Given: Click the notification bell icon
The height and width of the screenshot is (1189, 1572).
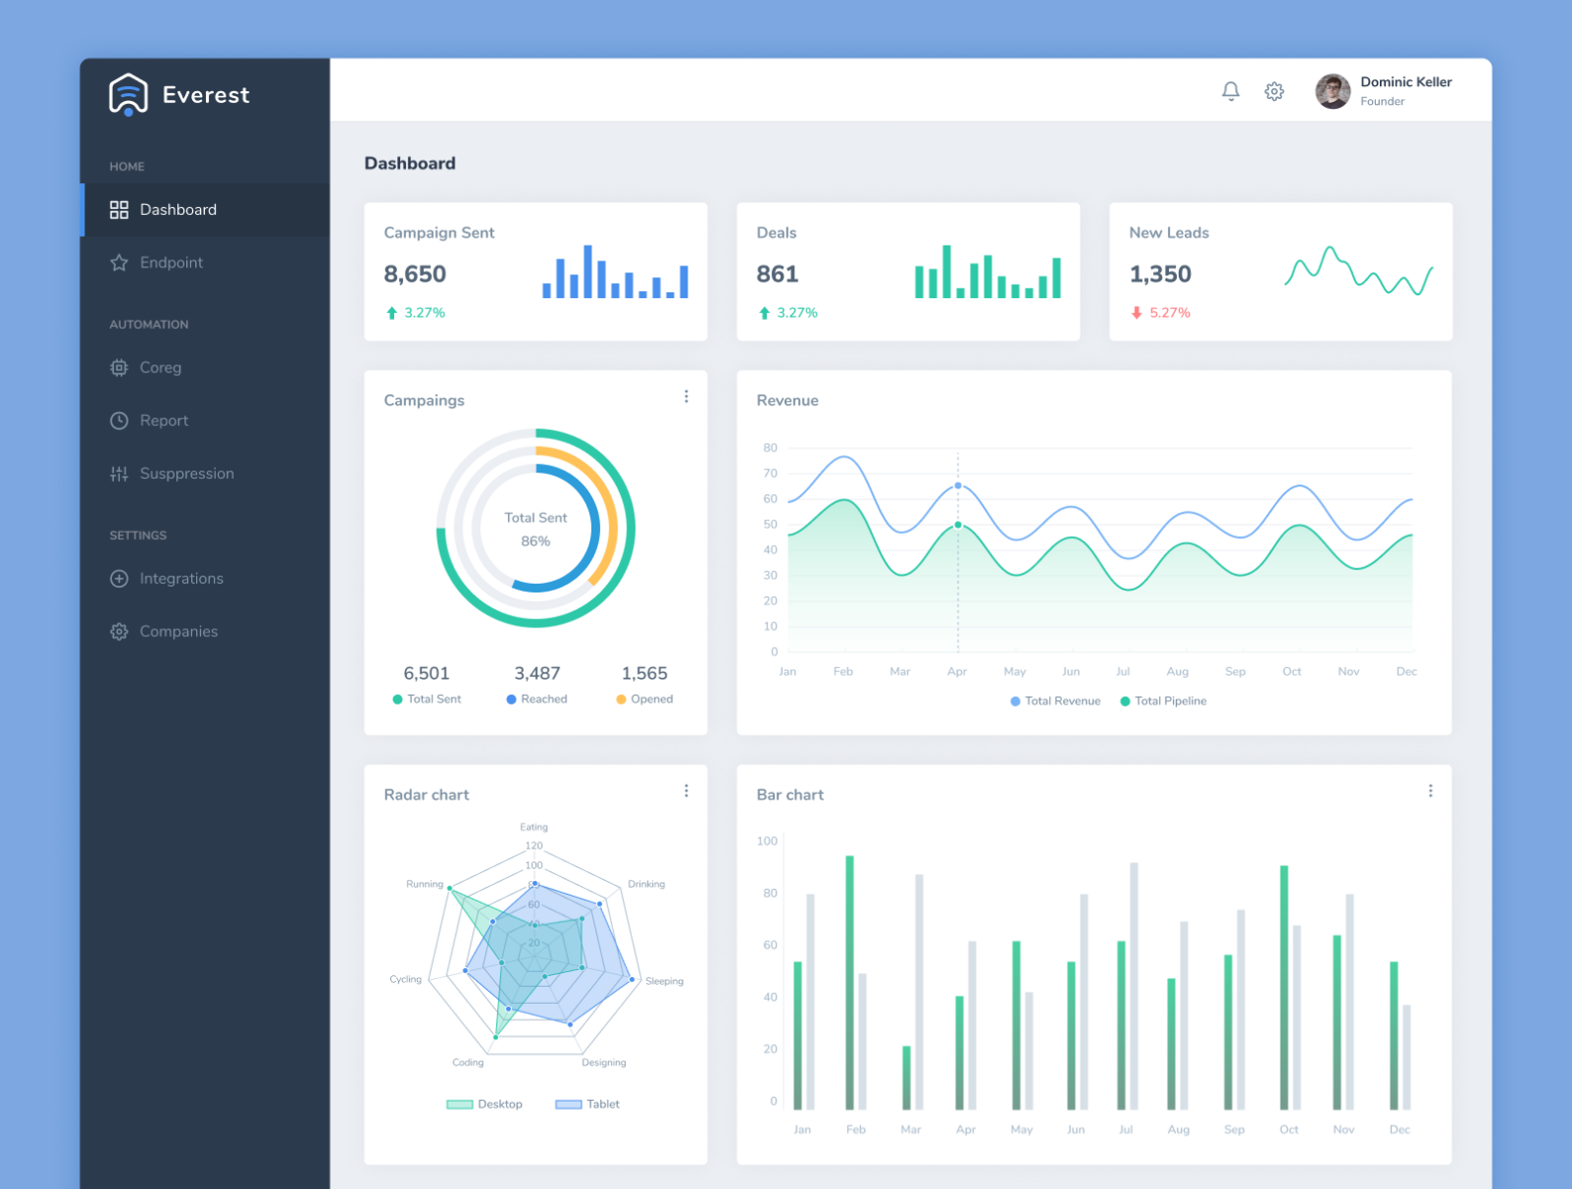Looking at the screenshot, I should tap(1230, 91).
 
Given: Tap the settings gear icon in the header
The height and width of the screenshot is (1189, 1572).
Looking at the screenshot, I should tap(1274, 91).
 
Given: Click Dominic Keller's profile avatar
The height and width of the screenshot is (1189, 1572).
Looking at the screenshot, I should tap(1332, 91).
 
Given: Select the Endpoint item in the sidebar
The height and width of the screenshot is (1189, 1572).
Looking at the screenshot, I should tap(170, 263).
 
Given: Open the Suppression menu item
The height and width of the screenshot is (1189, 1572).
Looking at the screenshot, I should tap(186, 474).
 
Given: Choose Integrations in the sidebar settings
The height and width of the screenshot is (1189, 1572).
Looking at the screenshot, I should tap(180, 579).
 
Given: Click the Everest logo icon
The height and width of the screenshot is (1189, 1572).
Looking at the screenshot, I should tap(129, 95).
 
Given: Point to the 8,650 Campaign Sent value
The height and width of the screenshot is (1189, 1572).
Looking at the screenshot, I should tap(415, 274).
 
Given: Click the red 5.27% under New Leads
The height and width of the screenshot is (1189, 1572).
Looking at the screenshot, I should tap(1169, 313).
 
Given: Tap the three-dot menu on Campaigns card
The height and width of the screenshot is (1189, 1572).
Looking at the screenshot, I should tap(685, 397).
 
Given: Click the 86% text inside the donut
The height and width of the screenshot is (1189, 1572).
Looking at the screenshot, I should tap(535, 542).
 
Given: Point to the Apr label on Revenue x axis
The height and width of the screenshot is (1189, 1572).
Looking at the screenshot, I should tap(956, 672).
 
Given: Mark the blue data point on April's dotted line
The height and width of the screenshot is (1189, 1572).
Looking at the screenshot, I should tap(958, 486).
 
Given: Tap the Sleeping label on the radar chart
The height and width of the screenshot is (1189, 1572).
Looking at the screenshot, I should tap(664, 982).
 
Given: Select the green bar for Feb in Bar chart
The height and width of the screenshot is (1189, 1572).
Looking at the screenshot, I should tap(849, 981).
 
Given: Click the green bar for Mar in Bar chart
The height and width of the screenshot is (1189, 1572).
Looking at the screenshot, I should tap(906, 1078).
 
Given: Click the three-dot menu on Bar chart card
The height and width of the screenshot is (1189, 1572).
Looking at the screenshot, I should tap(1429, 792).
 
